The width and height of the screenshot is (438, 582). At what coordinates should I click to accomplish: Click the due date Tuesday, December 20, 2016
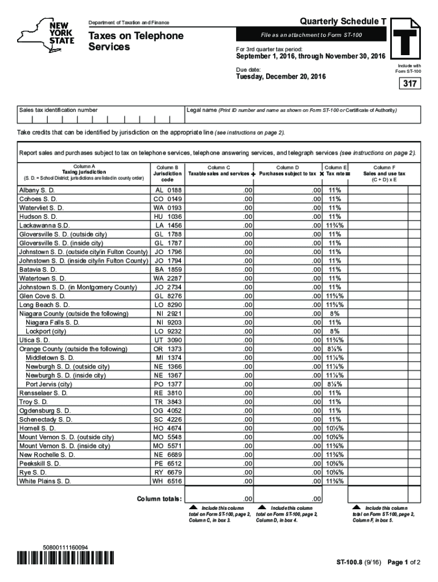[x=281, y=77]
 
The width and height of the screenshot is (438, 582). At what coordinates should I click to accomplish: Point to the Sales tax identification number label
[x=59, y=110]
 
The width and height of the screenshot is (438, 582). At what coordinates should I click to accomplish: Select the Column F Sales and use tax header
[x=385, y=173]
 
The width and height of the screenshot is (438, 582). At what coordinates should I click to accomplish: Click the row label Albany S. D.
[x=38, y=190]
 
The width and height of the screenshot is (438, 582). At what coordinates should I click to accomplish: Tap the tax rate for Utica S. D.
[x=334, y=340]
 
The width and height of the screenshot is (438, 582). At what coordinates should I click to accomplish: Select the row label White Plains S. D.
[x=46, y=481]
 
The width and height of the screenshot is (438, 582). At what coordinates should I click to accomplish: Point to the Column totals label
[x=159, y=499]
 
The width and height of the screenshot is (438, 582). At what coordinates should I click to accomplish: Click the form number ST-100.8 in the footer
[x=354, y=563]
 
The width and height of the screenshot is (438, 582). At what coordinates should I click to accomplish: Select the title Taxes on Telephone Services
[x=135, y=41]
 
